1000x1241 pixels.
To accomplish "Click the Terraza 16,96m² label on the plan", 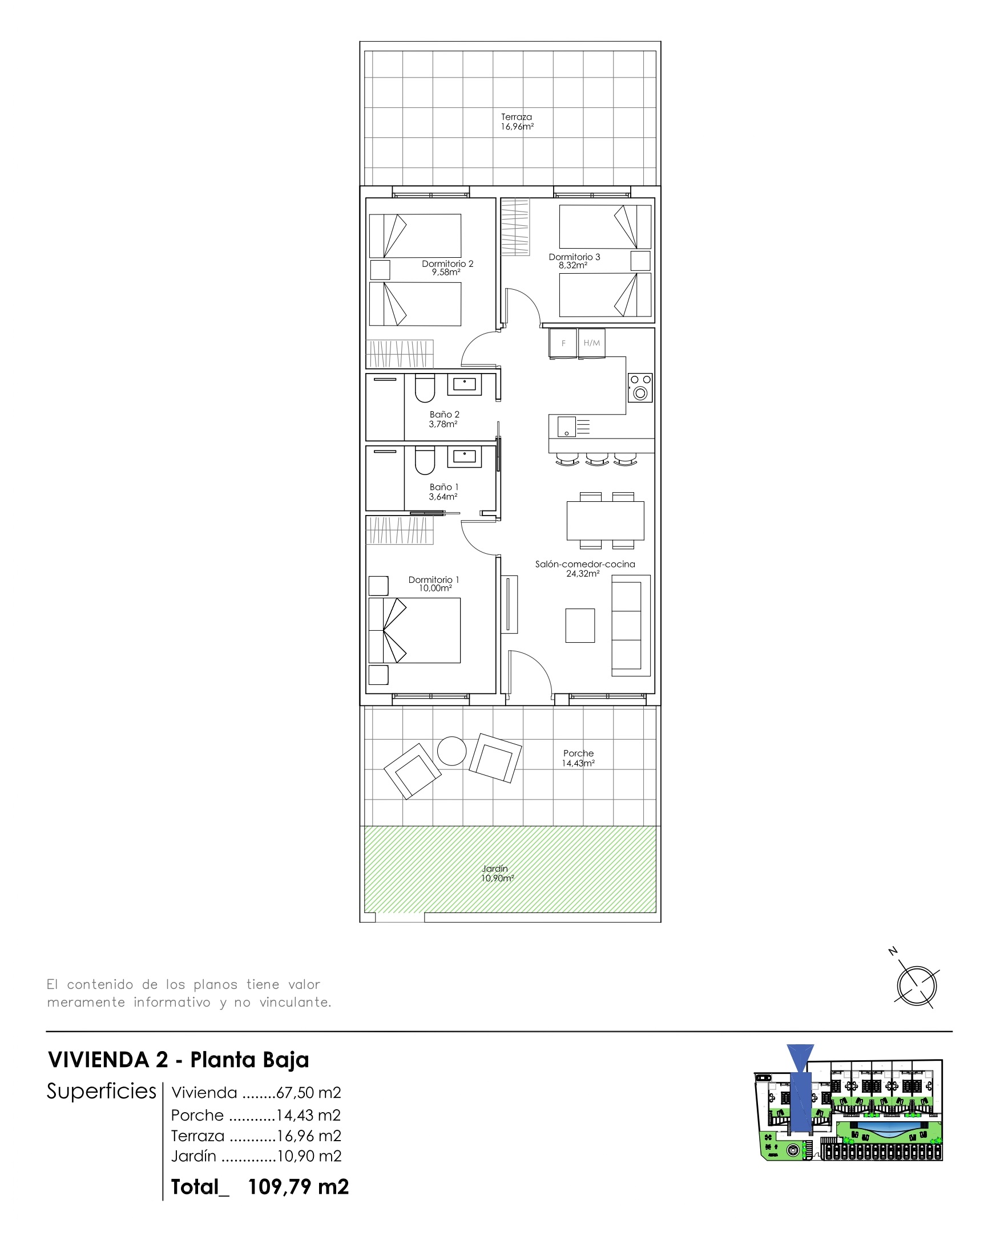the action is click(517, 121).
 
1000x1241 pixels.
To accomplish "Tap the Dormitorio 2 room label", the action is click(447, 267).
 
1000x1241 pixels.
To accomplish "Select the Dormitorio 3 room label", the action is click(574, 261).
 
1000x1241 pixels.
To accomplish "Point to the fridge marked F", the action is click(563, 343).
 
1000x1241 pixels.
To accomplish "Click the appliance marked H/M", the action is click(591, 343).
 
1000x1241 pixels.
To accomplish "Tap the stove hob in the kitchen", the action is click(640, 387).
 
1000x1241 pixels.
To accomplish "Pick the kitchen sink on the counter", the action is click(567, 427).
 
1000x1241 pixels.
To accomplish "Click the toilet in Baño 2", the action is click(425, 388).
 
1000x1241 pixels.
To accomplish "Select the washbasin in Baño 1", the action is click(464, 457).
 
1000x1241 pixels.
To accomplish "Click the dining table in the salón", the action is click(606, 520).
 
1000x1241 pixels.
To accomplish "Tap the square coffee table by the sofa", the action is click(579, 626).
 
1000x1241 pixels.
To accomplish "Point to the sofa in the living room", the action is click(631, 626).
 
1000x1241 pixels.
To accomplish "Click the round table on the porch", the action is click(451, 751).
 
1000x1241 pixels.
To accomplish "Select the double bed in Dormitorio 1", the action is click(415, 630).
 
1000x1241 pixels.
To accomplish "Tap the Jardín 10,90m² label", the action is click(497, 873).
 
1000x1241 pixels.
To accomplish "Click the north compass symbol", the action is click(917, 985).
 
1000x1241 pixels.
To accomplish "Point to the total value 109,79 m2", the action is click(299, 1187).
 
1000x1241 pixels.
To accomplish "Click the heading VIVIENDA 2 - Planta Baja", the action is click(179, 1060).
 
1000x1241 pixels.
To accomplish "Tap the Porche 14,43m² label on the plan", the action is click(578, 758).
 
